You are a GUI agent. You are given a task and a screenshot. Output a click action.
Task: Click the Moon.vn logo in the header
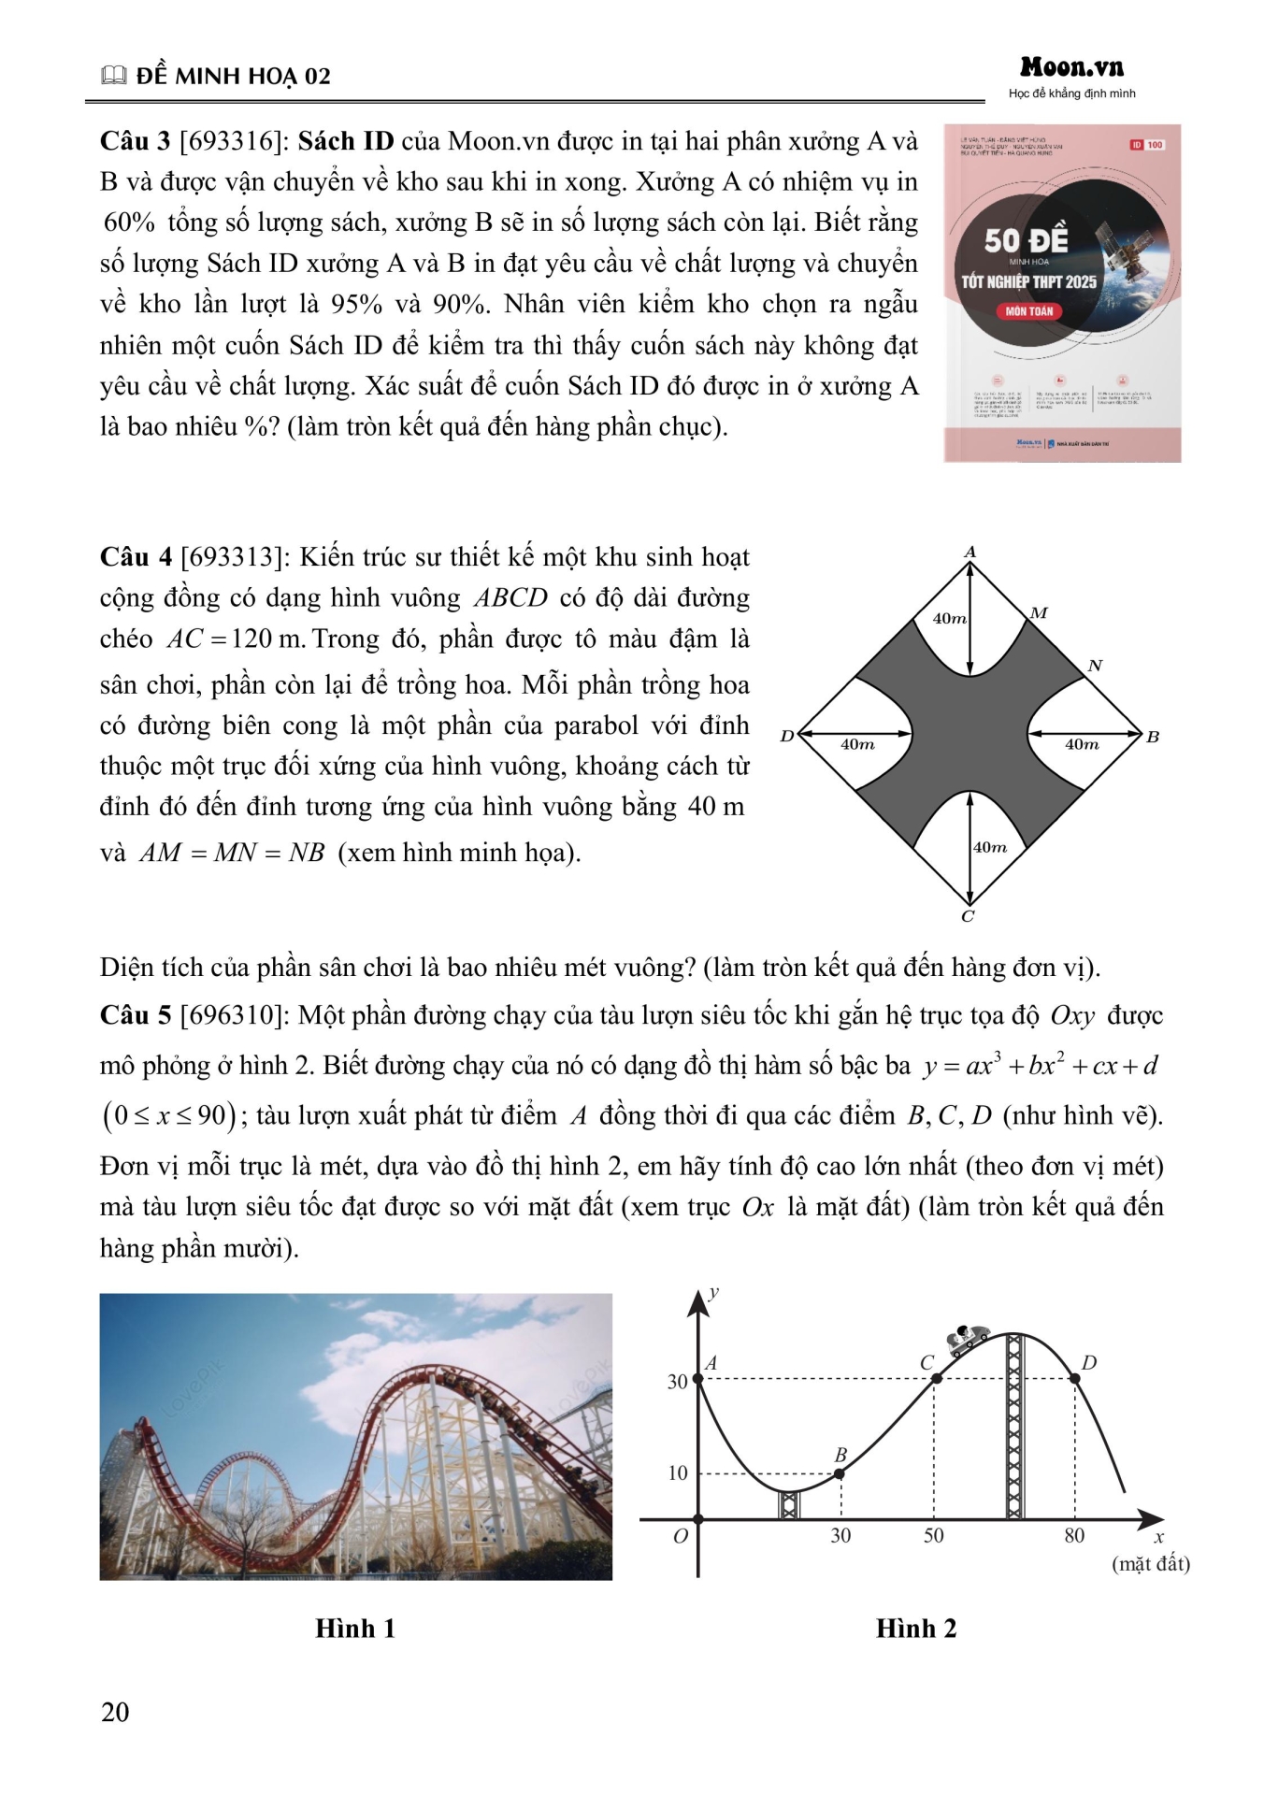tap(1071, 67)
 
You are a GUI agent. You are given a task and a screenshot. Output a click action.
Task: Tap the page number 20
tap(115, 1712)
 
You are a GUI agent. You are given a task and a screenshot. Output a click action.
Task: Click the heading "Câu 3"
tap(135, 141)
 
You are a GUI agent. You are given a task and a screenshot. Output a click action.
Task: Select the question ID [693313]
tap(236, 557)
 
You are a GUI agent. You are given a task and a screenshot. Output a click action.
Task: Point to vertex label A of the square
tap(970, 553)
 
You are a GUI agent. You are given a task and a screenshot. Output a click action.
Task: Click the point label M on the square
tap(1039, 613)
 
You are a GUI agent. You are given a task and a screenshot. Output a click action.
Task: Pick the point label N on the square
tap(1095, 666)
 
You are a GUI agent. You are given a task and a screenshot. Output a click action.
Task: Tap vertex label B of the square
tap(1153, 737)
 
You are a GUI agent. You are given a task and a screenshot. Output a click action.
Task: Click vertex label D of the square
tap(787, 737)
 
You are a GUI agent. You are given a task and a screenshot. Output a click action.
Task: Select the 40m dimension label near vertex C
tap(990, 847)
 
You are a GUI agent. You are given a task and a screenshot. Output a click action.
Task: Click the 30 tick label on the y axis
tap(677, 1382)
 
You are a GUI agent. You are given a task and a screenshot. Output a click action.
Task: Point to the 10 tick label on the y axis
tap(677, 1473)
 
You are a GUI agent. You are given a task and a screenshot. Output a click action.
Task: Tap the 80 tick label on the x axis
tap(1074, 1535)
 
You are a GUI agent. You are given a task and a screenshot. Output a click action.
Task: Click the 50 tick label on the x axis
tap(933, 1535)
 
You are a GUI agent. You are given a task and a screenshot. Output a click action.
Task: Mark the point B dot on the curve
tap(840, 1473)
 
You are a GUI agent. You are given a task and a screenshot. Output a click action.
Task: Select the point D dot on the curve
tap(1075, 1378)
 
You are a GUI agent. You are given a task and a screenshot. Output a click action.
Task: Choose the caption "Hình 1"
tap(355, 1629)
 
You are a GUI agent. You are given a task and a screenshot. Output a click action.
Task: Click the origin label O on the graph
tap(681, 1536)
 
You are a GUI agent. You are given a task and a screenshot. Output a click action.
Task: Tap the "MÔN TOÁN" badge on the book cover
tap(1028, 311)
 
